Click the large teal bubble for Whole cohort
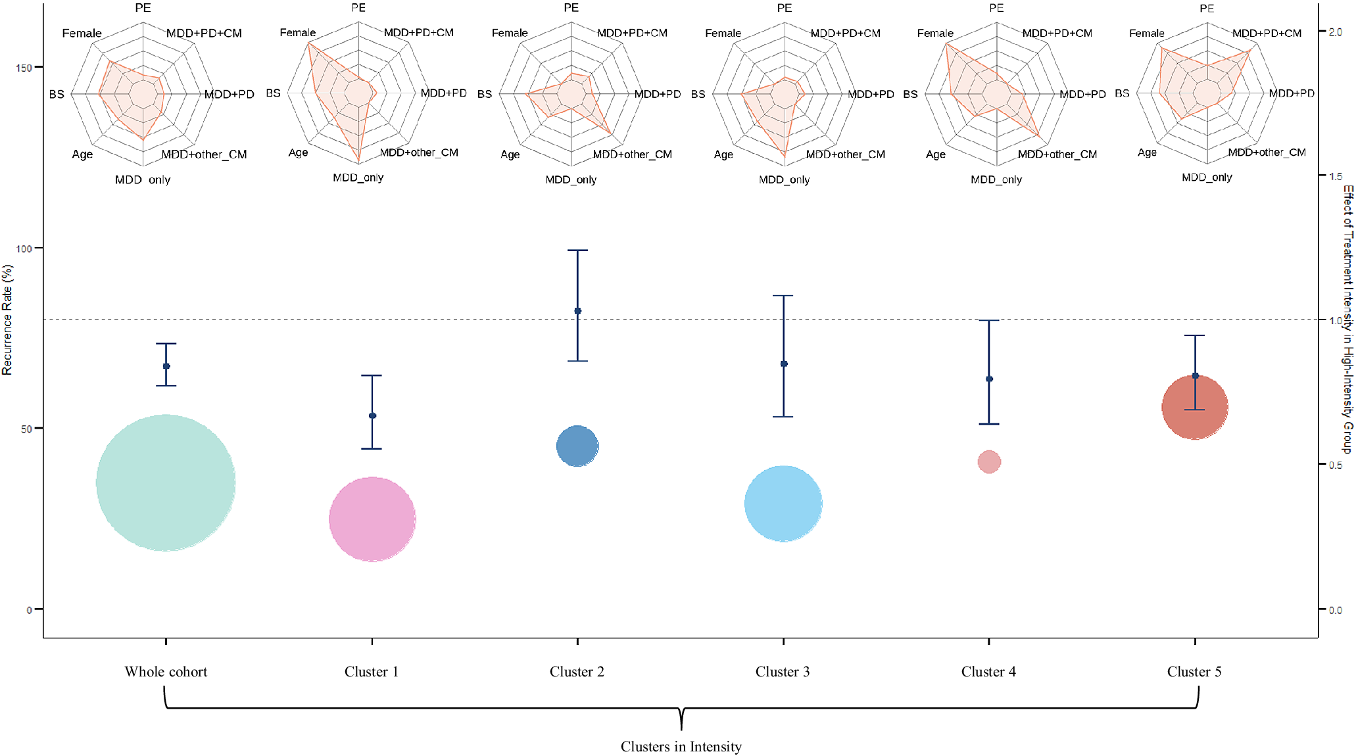[x=166, y=483]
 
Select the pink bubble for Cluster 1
[x=372, y=519]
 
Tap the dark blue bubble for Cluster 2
[x=577, y=446]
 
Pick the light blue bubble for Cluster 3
[x=783, y=504]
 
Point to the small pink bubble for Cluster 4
[x=989, y=461]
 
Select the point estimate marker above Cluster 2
[x=577, y=311]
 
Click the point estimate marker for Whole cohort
[x=166, y=366]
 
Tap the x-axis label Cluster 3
[x=783, y=672]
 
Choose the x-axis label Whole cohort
[x=166, y=672]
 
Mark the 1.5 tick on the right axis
[x=1335, y=176]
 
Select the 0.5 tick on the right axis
[x=1335, y=465]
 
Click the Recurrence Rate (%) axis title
[x=7, y=319]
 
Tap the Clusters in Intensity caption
[x=681, y=747]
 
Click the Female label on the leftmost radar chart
[x=82, y=34]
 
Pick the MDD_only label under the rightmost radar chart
[x=1207, y=177]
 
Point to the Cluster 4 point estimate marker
[x=989, y=379]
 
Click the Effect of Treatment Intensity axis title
[x=1348, y=319]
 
